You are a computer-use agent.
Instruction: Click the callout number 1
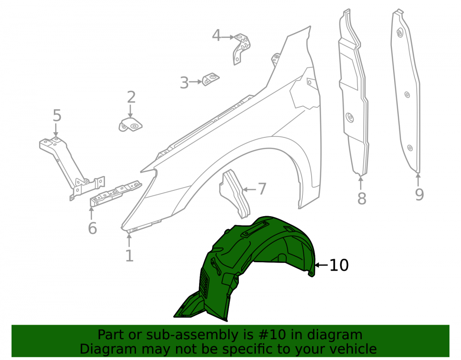130,256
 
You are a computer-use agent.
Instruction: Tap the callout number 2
131,97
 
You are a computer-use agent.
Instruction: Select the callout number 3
184,83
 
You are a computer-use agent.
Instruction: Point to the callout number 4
216,35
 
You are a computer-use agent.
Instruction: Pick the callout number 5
57,116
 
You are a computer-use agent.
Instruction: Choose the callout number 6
92,228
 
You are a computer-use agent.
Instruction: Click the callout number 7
262,189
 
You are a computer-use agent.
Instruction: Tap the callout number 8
361,198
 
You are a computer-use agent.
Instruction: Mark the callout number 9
419,195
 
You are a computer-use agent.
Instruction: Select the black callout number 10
339,265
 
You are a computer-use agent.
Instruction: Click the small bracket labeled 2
131,125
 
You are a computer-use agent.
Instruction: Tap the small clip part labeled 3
211,79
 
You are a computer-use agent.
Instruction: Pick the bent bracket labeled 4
242,48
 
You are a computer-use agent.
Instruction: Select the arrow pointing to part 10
321,265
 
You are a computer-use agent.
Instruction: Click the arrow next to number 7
249,189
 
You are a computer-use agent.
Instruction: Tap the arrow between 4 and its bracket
228,37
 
